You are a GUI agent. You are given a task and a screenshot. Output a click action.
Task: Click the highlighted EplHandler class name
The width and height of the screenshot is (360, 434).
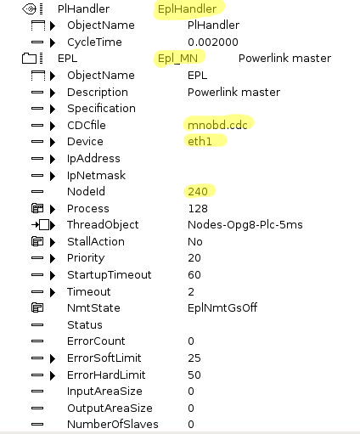click(187, 9)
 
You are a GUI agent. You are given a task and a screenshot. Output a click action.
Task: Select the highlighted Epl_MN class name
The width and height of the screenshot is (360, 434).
click(177, 59)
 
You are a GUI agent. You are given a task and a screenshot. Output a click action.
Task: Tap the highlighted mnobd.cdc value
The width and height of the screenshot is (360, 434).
click(217, 125)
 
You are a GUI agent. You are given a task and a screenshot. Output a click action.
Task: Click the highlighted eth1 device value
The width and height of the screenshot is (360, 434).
click(200, 141)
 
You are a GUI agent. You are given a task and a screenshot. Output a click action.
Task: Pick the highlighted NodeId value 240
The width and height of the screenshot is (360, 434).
click(198, 192)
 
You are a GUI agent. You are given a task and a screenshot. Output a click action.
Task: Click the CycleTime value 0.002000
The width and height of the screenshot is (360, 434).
click(213, 42)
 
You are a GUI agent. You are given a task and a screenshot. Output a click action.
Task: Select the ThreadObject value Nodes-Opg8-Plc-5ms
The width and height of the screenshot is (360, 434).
click(245, 225)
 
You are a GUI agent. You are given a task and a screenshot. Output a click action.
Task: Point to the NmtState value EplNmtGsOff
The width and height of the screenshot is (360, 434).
click(222, 307)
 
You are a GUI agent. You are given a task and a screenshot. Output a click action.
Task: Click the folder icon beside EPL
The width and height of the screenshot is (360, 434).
click(29, 59)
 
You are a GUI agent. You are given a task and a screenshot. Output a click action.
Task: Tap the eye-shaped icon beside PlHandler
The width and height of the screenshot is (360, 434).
click(29, 9)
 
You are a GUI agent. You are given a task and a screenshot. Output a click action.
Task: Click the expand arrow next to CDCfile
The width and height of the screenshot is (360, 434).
click(53, 126)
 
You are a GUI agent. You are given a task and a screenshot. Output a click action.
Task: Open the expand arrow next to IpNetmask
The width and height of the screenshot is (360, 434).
click(53, 176)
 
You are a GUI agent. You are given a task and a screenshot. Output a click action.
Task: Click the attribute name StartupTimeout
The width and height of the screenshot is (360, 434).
click(110, 275)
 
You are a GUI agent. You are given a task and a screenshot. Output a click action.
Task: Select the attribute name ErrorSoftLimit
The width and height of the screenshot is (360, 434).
click(104, 358)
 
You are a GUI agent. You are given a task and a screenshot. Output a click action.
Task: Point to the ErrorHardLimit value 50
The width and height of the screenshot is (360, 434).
click(194, 375)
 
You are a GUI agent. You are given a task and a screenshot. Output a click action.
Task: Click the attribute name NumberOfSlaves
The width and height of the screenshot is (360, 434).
click(113, 424)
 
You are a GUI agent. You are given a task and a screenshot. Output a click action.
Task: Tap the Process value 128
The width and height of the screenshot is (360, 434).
click(198, 209)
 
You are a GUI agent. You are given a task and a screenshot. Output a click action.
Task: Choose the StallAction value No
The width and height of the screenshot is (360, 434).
click(195, 242)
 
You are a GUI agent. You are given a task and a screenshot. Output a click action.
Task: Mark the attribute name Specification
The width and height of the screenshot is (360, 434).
click(101, 109)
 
